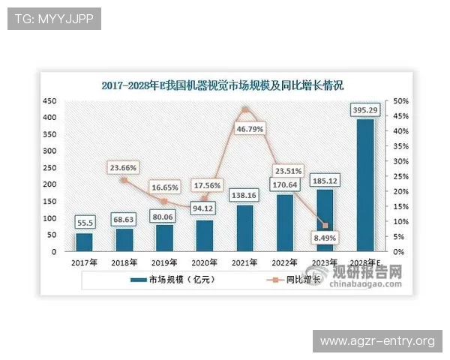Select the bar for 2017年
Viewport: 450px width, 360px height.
[x=84, y=242]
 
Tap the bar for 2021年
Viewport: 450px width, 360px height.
[x=244, y=228]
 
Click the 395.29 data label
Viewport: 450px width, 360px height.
[x=365, y=111]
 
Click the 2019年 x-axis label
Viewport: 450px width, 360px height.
[x=164, y=262]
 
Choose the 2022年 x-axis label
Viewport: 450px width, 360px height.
[x=285, y=262]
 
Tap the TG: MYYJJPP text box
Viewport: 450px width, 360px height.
[x=53, y=19]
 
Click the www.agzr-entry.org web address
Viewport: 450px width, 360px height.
[x=377, y=341]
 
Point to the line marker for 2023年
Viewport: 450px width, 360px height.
[x=325, y=226]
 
